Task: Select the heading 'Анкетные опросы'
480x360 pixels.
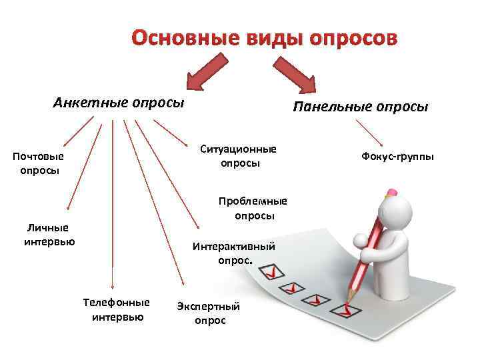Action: click(118, 103)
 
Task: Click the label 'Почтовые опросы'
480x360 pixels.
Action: click(39, 163)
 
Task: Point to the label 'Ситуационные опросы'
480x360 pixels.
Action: click(239, 155)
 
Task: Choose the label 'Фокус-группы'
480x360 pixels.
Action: click(397, 156)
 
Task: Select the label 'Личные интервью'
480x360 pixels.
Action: click(49, 234)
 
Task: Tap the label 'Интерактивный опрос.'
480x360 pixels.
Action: click(234, 253)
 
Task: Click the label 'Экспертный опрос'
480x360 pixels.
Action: click(209, 313)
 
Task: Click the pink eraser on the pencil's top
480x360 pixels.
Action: click(391, 191)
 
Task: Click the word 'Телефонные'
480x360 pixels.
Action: click(117, 301)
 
